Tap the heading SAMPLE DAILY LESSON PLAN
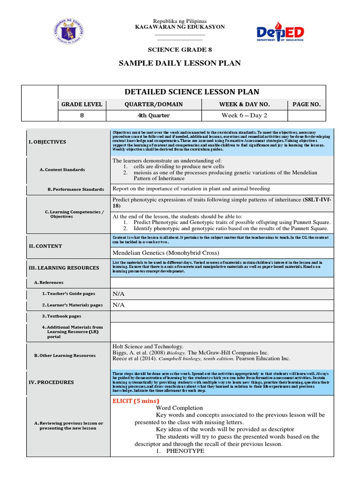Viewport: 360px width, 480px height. [x=180, y=63]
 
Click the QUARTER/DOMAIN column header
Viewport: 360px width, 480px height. [x=154, y=105]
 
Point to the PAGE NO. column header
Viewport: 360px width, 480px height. [x=306, y=105]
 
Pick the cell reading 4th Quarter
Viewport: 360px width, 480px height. [x=154, y=116]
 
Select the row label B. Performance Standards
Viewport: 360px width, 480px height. [x=76, y=189]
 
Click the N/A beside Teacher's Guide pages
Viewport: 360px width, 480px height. [x=118, y=294]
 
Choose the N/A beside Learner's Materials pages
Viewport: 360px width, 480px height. [x=118, y=305]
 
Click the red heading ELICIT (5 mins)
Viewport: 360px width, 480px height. [x=136, y=401]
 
